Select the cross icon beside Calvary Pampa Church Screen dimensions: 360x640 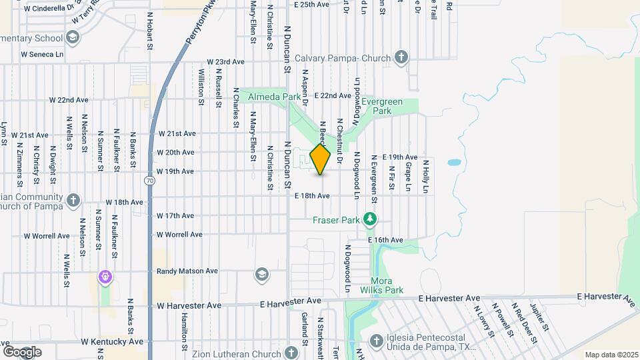pos(401,57)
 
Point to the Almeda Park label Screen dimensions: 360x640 pos(275,97)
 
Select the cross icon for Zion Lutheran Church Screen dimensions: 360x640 pos(291,352)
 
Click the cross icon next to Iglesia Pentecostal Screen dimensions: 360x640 pos(377,341)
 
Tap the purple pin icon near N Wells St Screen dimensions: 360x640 pos(104,276)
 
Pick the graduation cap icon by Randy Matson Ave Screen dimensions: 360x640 pos(261,275)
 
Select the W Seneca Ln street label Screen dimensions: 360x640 pos(42,54)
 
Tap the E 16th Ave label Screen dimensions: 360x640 pos(385,239)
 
